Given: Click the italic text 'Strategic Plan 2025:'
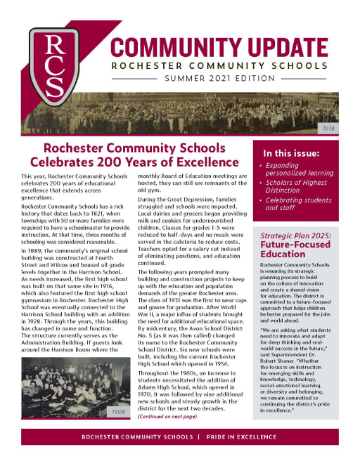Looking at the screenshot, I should (x=301, y=237).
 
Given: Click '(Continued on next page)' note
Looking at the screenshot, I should (x=167, y=417).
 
